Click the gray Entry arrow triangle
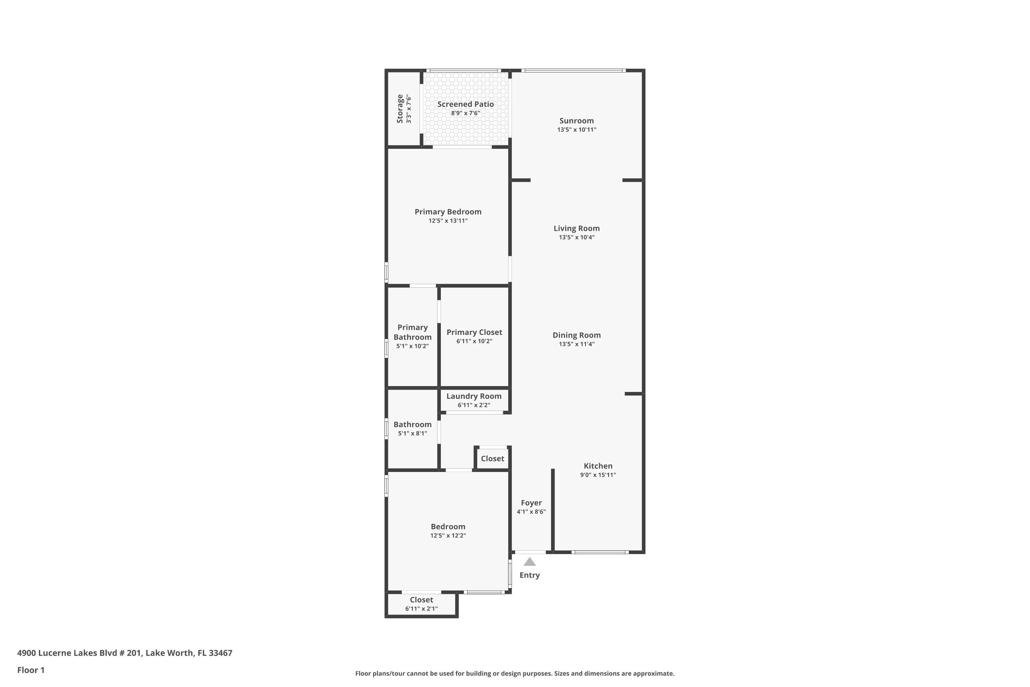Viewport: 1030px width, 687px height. click(x=529, y=562)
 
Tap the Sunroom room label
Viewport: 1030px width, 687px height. click(x=576, y=121)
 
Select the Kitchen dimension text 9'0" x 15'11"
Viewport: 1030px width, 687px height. click(x=598, y=475)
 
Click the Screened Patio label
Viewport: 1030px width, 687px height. click(x=466, y=104)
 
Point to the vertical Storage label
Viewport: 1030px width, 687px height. click(x=400, y=109)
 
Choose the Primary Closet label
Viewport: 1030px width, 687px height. click(x=474, y=333)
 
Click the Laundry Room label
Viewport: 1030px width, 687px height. click(x=474, y=396)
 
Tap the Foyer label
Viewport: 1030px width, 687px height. click(x=531, y=503)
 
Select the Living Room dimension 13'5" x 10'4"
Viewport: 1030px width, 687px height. click(x=576, y=237)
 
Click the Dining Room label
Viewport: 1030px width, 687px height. click(x=576, y=335)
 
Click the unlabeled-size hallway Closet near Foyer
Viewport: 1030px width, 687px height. click(x=492, y=459)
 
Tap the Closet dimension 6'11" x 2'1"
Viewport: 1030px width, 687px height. click(x=421, y=609)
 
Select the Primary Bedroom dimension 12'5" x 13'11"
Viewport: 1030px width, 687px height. click(x=448, y=221)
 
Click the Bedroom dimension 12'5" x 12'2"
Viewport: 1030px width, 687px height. click(x=448, y=536)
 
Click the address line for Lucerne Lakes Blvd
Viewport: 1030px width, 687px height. click(x=125, y=653)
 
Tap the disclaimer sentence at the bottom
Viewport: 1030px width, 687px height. click(x=515, y=673)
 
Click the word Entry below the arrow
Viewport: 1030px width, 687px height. click(x=529, y=575)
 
